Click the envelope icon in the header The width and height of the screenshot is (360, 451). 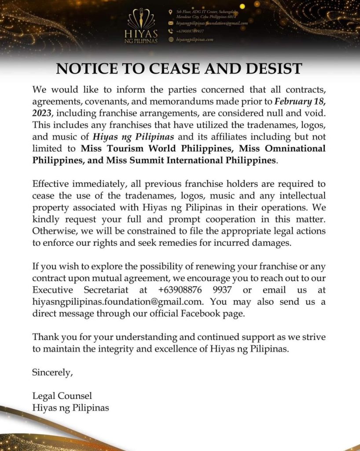(171, 22)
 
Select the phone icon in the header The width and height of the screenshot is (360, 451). (171, 31)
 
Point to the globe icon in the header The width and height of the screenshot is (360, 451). (171, 39)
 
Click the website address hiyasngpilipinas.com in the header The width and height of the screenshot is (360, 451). (195, 39)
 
